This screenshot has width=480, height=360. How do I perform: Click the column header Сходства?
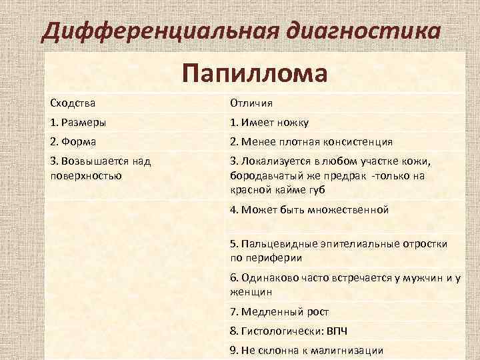click(x=73, y=103)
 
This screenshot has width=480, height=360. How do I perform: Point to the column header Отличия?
click(x=251, y=103)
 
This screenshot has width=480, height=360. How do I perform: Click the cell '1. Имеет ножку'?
click(x=269, y=123)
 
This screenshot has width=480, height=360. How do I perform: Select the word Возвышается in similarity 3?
click(x=94, y=161)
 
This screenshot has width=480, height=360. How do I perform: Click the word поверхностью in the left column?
click(x=85, y=175)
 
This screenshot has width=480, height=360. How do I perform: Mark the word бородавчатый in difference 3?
click(x=261, y=175)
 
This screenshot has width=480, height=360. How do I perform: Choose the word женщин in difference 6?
click(x=251, y=292)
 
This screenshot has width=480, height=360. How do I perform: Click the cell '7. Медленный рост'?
click(x=279, y=311)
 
